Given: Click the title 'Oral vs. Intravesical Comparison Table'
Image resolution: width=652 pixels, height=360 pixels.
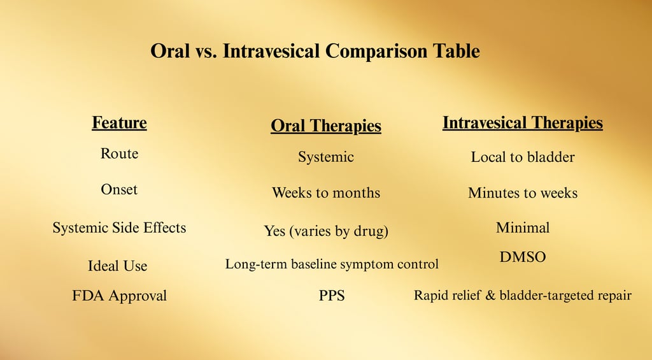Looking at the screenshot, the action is [315, 51].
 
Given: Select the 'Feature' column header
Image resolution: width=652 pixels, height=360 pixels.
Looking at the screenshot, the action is [119, 123].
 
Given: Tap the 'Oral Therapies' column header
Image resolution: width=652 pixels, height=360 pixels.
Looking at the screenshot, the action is [325, 126].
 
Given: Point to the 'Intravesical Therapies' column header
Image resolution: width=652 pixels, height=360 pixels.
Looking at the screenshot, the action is [522, 123].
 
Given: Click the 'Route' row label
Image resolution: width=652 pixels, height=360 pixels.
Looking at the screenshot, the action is [119, 154].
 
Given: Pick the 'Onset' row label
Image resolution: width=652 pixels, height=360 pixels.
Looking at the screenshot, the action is [119, 189].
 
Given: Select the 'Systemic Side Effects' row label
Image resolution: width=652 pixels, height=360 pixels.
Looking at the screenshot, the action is [119, 227].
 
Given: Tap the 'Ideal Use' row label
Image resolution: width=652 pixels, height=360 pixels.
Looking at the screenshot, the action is [117, 266].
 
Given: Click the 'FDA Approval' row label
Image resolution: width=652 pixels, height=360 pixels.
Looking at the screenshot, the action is [119, 296].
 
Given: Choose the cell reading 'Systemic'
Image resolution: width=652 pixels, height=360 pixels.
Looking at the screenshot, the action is [325, 157].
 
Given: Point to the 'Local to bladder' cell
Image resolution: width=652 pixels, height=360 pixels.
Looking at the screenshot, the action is [522, 157].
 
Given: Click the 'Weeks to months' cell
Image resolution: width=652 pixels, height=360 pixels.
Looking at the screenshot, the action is [325, 192].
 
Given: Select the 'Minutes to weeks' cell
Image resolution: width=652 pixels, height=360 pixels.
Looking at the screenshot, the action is [522, 192].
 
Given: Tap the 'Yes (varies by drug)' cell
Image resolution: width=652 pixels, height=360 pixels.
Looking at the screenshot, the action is [325, 231].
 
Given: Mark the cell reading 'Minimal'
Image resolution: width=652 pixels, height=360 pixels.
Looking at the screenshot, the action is [522, 227].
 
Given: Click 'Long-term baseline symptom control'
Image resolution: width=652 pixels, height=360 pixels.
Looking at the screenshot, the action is [331, 264].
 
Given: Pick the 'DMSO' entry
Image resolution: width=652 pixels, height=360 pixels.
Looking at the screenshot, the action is [522, 257].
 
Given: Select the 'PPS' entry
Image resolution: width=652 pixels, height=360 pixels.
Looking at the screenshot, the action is [331, 296].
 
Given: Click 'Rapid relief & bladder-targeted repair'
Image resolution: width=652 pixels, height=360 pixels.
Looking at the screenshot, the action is [522, 295].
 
